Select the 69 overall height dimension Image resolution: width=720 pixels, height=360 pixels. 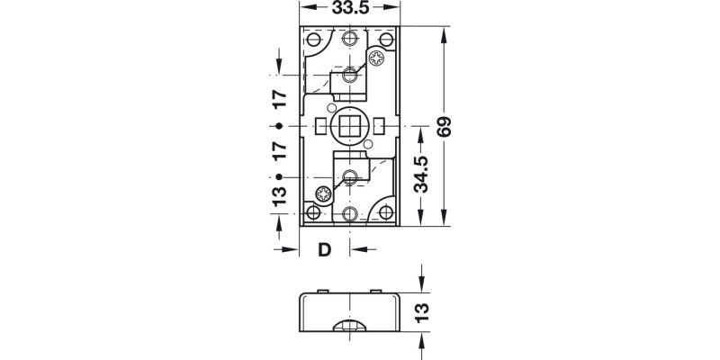click(444, 127)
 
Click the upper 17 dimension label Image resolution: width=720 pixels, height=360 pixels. click(279, 101)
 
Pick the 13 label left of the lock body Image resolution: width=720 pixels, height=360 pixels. click(279, 193)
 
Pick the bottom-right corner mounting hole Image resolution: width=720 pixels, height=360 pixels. click(387, 212)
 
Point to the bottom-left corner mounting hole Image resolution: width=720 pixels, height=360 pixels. click(312, 212)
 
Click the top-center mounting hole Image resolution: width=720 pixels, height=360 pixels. click(350, 39)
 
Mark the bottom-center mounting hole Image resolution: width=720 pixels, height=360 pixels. click(350, 214)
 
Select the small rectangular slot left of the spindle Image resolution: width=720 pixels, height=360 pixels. click(319, 126)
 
